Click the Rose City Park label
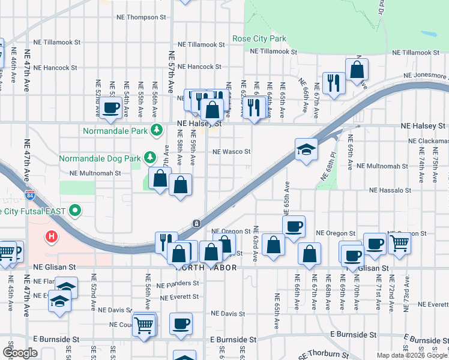(259, 39)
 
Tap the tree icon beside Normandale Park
(157, 129)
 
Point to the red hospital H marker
(52, 236)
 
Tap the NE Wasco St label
(231, 152)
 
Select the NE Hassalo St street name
(390, 190)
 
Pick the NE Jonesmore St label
(425, 76)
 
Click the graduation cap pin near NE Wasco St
(306, 149)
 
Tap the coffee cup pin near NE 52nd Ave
(111, 107)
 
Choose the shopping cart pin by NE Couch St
(144, 325)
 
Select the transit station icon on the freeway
(196, 223)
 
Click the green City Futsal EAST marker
(75, 211)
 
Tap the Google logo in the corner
(20, 353)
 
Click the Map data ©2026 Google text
(412, 355)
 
